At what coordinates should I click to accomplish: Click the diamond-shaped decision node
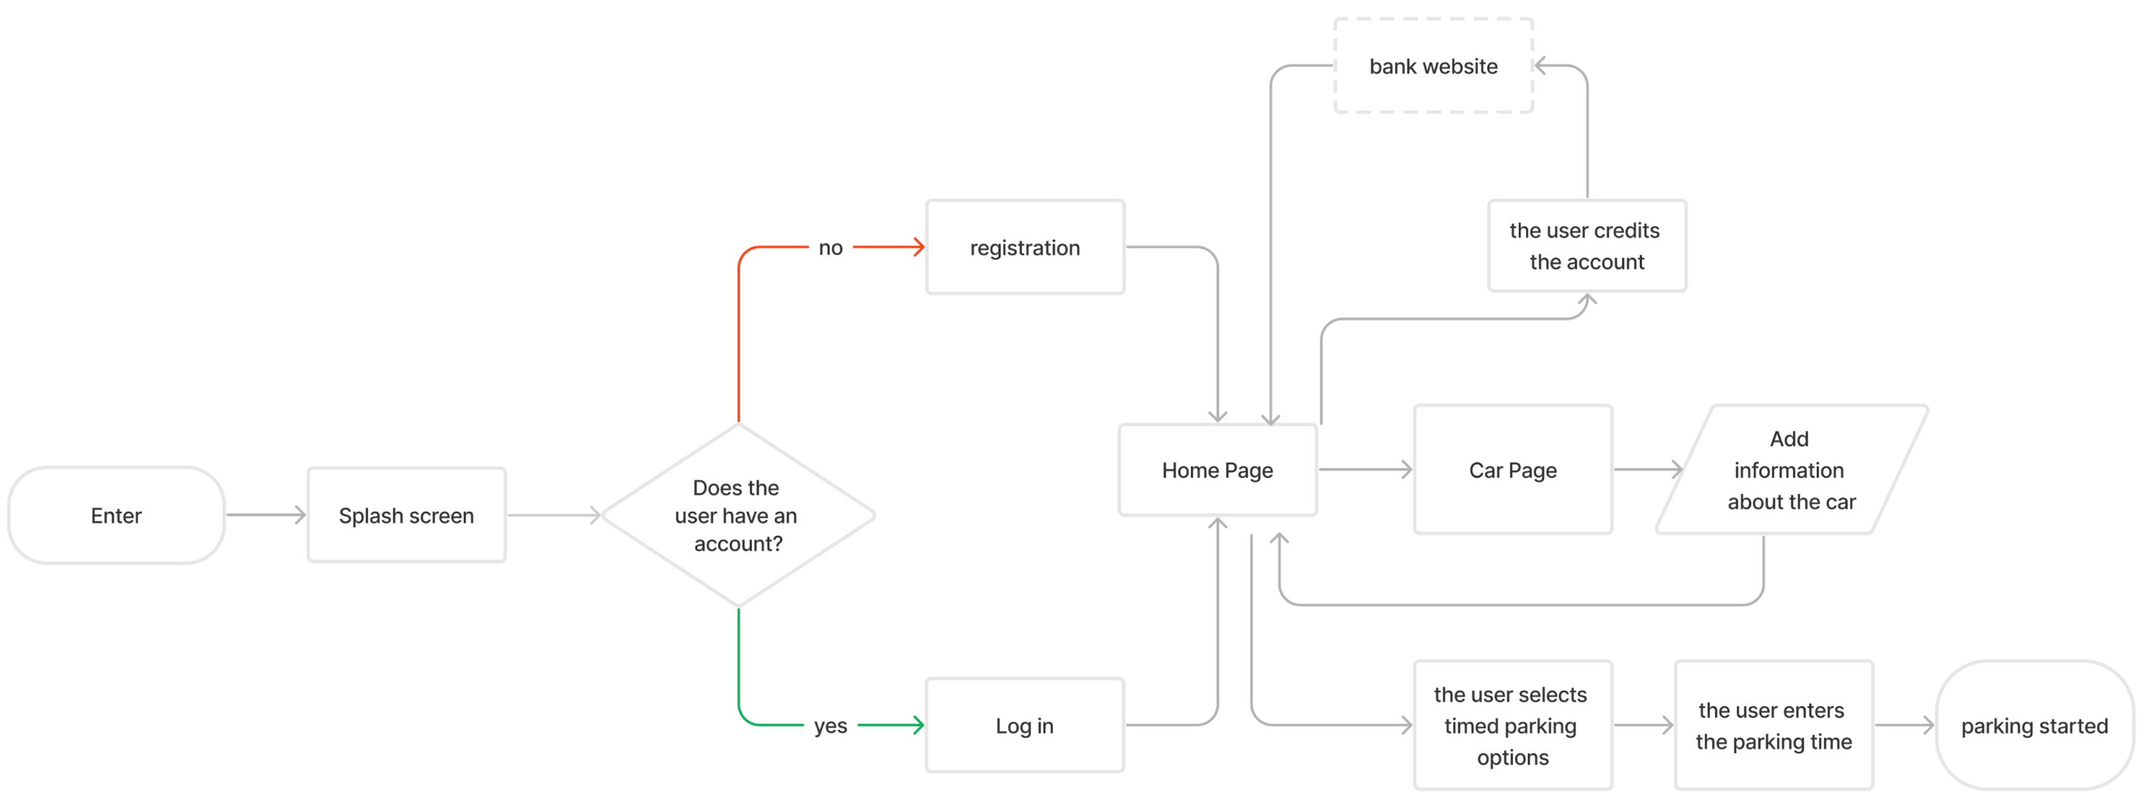[x=738, y=515]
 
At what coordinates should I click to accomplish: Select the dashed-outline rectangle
[x=1433, y=65]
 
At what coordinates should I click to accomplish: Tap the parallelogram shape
[x=1792, y=469]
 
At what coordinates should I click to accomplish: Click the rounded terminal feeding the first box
[x=116, y=515]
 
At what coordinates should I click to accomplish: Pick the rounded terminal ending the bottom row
[x=2034, y=725]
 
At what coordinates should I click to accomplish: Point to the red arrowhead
[x=919, y=247]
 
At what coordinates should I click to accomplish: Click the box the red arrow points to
[x=1025, y=247]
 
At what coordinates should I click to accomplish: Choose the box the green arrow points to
[x=1025, y=725]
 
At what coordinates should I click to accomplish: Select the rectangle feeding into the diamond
[x=406, y=515]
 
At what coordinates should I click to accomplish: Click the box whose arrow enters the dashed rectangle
[x=1587, y=245]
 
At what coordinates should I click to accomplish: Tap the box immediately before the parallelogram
[x=1512, y=469]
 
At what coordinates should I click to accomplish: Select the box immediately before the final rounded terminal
[x=1773, y=725]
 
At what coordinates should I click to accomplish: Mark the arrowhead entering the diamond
[x=596, y=515]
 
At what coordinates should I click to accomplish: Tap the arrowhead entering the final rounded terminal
[x=1929, y=725]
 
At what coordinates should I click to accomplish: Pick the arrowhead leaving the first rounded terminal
[x=301, y=515]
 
